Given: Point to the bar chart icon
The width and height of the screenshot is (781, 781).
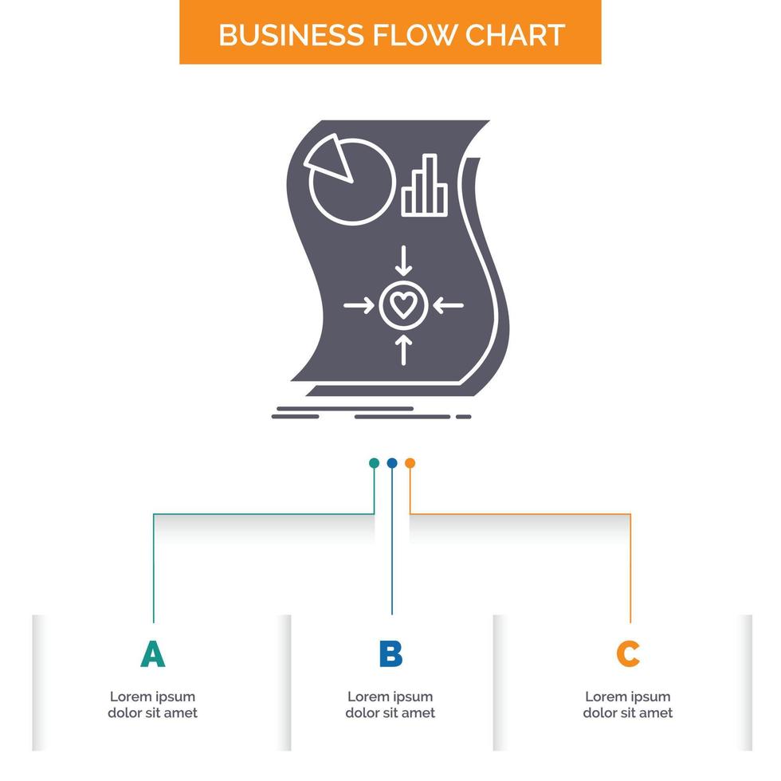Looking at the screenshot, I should point(420,186).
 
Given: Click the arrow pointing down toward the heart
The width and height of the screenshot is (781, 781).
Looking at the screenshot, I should point(404,260).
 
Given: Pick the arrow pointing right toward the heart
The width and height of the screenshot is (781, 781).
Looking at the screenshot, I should point(358,305).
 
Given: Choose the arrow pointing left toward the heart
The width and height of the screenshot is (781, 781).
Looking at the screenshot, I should point(450,305).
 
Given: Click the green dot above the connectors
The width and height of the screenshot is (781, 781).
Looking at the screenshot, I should point(374,462).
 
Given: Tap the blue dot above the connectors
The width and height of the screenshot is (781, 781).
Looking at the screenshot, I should point(391,462).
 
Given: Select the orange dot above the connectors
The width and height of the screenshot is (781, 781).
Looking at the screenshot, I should point(410,462).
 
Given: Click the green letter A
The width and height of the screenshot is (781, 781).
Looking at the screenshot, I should point(152,654).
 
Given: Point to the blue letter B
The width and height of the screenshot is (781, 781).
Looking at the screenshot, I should point(390,654).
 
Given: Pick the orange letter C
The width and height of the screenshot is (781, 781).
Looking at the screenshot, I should point(628,654).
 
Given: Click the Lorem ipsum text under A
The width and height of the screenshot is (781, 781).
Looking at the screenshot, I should point(152,705).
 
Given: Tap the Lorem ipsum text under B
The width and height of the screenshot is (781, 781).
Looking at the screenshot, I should point(390,705).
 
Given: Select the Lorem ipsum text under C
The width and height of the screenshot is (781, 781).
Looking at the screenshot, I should point(628,705).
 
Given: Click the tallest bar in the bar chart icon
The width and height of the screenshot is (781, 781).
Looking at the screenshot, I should point(431,185).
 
